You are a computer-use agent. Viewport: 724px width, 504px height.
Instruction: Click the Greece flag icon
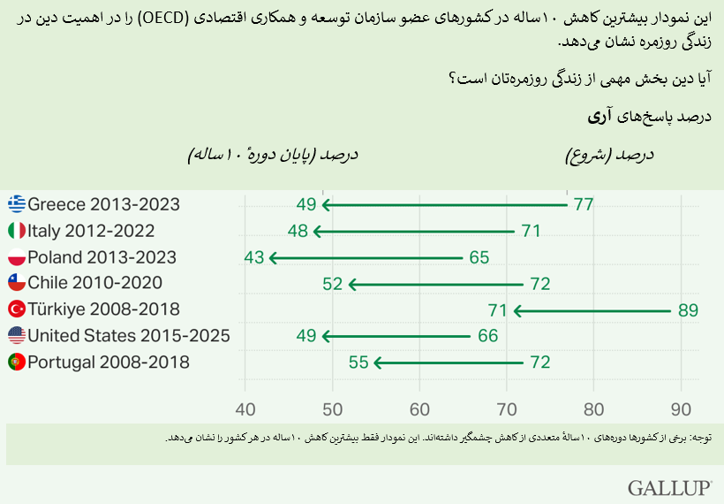[x=17, y=205]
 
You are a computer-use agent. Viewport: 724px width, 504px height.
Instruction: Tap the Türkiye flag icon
[x=17, y=309]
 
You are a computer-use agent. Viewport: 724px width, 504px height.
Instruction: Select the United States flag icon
[x=17, y=336]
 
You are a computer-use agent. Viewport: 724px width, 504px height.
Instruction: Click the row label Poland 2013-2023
[x=102, y=258]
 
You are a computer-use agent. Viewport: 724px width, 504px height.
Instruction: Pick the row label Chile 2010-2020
[x=94, y=284]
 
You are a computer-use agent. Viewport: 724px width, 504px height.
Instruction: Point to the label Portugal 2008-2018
[x=109, y=363]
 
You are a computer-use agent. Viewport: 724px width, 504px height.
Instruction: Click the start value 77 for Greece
[x=583, y=205]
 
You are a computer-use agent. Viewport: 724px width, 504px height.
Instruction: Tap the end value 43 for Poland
[x=254, y=258]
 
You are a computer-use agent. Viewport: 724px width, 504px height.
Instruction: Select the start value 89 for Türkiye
[x=688, y=310]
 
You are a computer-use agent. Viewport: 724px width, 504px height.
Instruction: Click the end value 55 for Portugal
[x=359, y=363]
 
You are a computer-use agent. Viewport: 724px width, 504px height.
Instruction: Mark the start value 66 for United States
[x=487, y=336]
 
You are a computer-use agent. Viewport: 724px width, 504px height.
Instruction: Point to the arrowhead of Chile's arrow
[x=353, y=284]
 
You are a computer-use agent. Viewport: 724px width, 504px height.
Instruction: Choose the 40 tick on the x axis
[x=245, y=409]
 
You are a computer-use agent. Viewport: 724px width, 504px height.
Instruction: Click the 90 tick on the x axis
[x=682, y=409]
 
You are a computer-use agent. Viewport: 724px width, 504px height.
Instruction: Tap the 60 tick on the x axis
[x=419, y=409]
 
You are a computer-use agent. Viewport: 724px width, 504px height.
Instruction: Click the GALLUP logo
[x=670, y=488]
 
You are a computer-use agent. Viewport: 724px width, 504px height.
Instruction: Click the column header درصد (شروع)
[x=609, y=155]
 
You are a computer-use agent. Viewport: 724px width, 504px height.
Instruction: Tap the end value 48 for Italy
[x=298, y=232]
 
